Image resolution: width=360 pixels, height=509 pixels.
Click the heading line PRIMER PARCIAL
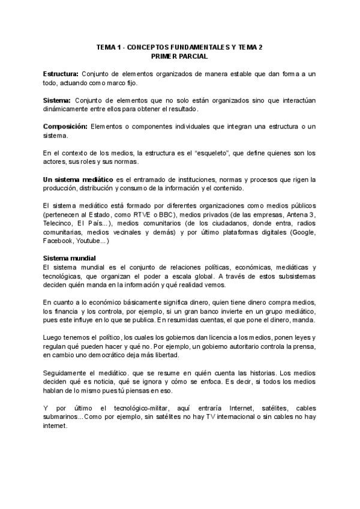pos(179,56)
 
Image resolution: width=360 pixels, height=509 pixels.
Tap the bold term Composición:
pos(65,126)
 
